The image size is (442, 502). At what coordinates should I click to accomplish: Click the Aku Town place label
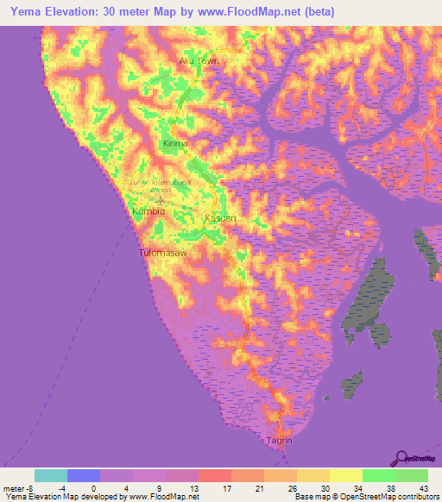198,61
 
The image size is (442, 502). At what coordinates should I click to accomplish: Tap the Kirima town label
175,143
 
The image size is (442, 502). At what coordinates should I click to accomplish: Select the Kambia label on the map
148,210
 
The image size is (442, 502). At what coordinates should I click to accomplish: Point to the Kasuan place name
219,219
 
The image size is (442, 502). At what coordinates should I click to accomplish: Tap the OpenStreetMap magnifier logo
401,458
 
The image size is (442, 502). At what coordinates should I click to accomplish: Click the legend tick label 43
422,488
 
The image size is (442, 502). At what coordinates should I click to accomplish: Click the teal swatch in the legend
51,475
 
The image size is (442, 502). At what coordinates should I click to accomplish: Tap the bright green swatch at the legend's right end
412,475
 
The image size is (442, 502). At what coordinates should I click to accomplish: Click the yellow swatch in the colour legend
345,475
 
